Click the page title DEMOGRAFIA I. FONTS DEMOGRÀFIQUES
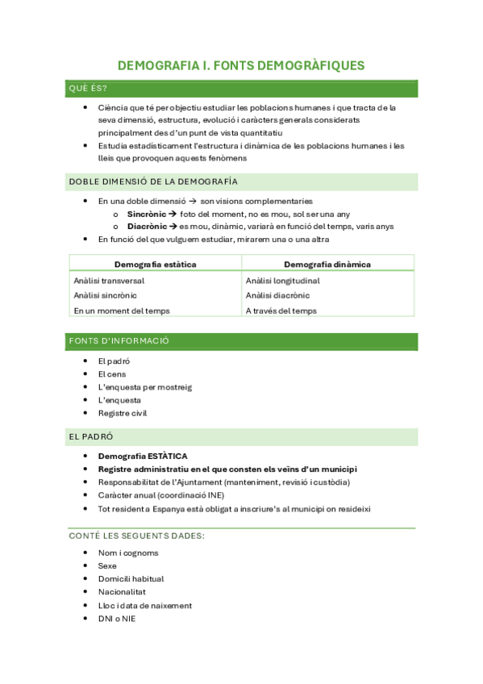(241, 65)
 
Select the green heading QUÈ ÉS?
(89, 88)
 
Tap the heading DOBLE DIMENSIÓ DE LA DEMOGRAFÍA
(153, 181)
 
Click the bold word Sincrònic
(146, 214)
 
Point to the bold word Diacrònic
(147, 227)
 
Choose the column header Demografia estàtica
(155, 264)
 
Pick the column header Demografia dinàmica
(327, 264)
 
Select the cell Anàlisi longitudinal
(282, 281)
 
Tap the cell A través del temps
(281, 311)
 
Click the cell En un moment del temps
(121, 311)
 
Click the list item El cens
(112, 374)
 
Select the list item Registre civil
(123, 413)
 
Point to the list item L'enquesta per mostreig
(145, 387)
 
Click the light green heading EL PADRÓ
(90, 436)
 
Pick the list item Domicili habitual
(131, 579)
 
